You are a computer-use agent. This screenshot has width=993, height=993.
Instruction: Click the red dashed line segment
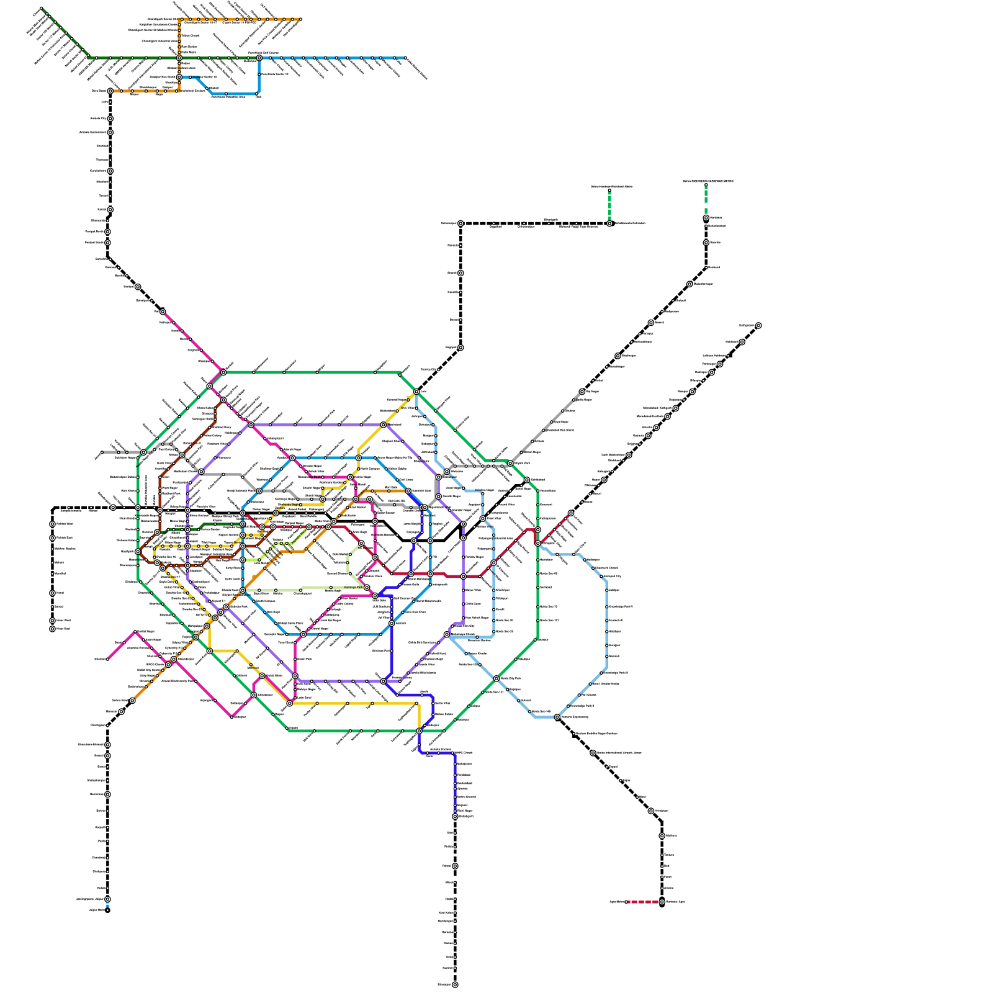643,902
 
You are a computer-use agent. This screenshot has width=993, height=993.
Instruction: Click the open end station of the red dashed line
626,902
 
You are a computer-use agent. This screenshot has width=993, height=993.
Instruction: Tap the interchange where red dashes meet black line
662,902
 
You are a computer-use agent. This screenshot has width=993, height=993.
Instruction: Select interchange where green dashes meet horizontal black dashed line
609,223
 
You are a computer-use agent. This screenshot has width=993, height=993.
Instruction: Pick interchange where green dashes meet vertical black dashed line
706,218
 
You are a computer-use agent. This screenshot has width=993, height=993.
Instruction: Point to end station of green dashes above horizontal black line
609,191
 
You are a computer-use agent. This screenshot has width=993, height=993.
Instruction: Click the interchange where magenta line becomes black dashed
163,312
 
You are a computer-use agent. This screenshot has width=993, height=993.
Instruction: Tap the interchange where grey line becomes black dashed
582,392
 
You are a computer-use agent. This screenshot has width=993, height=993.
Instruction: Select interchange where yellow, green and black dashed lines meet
416,392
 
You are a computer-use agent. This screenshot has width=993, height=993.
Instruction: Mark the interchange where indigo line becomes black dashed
455,817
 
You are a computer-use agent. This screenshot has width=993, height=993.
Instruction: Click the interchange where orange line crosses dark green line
179,58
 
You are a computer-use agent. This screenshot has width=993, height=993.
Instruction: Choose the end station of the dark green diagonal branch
42,9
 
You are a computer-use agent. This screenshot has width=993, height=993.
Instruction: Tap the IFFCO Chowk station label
156,665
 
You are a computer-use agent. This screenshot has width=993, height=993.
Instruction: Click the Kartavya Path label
353,587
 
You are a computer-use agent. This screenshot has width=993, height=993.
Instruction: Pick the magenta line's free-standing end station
107,659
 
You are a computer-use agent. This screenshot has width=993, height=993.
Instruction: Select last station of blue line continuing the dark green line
405,58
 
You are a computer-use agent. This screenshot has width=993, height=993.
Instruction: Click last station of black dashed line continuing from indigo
455,985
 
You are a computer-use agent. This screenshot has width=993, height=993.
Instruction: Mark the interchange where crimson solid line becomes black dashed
571,513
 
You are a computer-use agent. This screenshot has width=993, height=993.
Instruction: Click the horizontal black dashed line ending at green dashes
534,223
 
